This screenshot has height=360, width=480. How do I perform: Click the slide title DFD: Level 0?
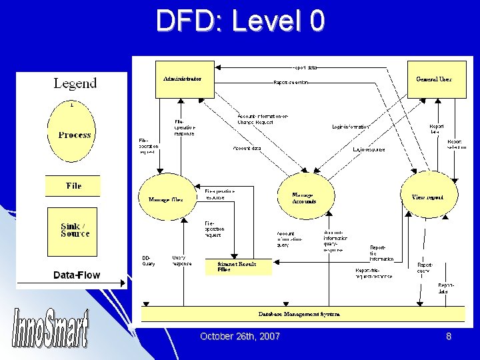(x=241, y=21)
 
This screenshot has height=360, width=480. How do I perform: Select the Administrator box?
(x=183, y=79)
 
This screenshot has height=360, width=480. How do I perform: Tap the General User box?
(x=434, y=79)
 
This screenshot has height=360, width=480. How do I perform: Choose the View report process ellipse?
(x=427, y=197)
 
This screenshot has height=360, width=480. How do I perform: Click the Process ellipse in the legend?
(x=74, y=134)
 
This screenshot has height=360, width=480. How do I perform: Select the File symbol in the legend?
(x=73, y=185)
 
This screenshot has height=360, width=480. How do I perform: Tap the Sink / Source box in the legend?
(x=75, y=230)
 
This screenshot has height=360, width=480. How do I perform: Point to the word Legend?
(x=75, y=83)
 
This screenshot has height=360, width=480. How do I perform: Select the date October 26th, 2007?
(x=240, y=337)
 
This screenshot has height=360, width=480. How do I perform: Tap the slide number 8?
(x=449, y=337)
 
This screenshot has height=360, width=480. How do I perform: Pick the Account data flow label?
(x=247, y=148)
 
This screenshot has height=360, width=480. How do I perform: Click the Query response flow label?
(x=181, y=260)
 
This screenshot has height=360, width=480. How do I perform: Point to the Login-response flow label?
(x=369, y=149)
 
